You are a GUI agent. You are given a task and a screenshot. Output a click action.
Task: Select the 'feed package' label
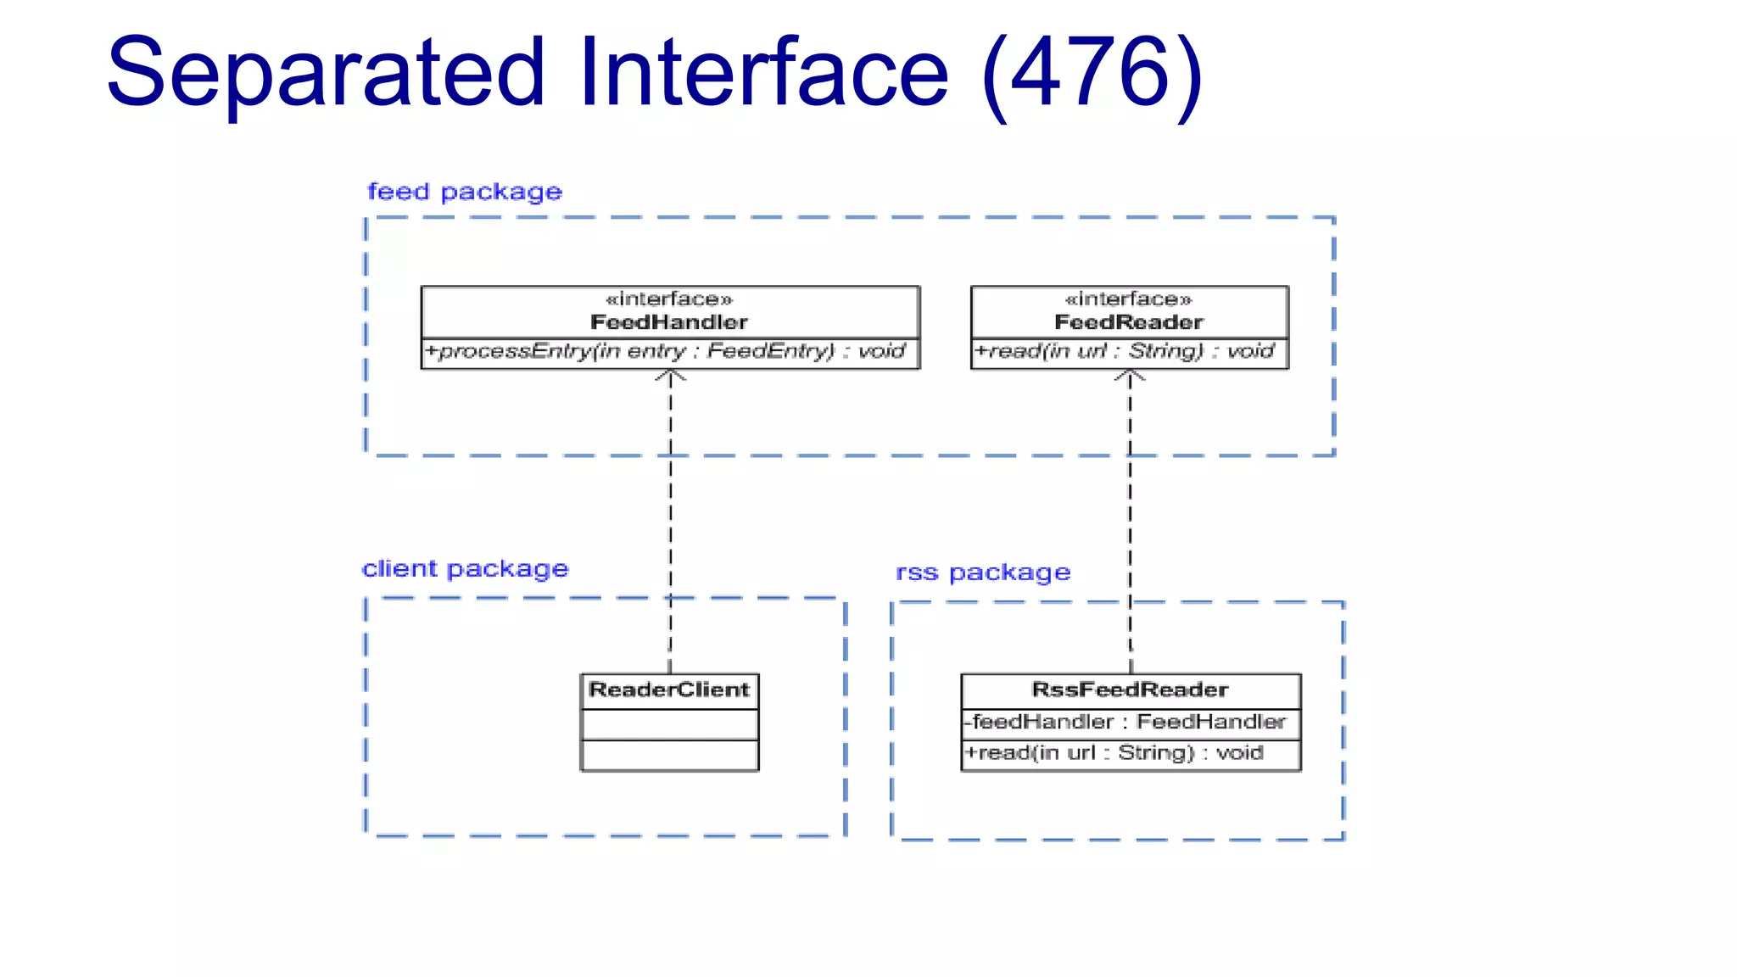(x=464, y=192)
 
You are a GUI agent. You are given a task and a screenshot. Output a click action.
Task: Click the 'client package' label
(x=465, y=569)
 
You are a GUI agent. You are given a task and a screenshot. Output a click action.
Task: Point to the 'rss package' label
(x=983, y=572)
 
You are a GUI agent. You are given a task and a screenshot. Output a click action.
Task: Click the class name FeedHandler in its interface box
(x=669, y=322)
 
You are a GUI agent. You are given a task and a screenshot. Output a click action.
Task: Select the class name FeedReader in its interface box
(x=1128, y=322)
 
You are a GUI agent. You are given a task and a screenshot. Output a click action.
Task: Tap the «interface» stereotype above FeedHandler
(x=669, y=299)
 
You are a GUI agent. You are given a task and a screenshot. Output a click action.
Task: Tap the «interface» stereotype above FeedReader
(x=1128, y=299)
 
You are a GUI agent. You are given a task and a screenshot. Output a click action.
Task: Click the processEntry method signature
(x=666, y=351)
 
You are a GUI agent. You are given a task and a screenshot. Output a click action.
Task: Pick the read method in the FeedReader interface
(x=1125, y=351)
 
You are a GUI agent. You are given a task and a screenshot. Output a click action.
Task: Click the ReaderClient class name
(x=669, y=689)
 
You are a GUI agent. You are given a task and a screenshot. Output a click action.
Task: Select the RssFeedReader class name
(x=1130, y=689)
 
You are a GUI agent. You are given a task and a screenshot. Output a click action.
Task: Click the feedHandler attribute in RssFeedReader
(x=1126, y=722)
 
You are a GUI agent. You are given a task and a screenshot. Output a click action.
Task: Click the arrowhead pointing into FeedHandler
(x=670, y=376)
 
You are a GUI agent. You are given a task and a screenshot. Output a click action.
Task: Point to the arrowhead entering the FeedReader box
(x=1130, y=376)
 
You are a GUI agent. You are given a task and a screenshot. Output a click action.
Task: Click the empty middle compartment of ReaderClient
(x=669, y=725)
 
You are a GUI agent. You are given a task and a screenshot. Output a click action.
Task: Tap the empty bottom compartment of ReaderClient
(x=669, y=755)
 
